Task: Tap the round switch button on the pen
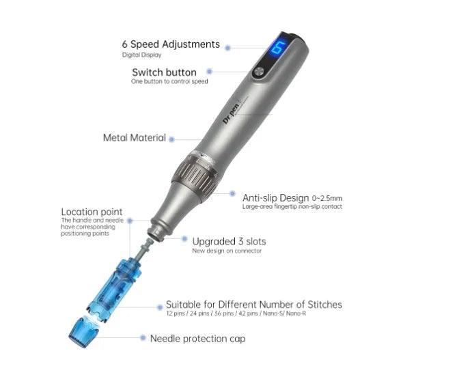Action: point(259,71)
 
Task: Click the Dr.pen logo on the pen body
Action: point(232,113)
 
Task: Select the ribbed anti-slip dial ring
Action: point(195,175)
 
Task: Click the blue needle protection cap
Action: point(83,333)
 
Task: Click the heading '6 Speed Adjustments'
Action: point(171,44)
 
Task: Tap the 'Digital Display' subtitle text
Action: point(141,55)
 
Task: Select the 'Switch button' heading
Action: point(164,72)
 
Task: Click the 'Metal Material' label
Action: point(135,137)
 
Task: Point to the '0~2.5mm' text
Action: point(327,199)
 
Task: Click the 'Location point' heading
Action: point(92,212)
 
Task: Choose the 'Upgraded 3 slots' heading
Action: point(229,242)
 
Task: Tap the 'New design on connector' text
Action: point(227,251)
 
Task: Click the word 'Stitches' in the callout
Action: point(324,305)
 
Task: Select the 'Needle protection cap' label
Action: point(197,339)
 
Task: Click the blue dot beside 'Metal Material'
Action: point(171,139)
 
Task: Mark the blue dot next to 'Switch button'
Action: point(209,72)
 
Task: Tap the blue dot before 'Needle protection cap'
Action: point(143,337)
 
